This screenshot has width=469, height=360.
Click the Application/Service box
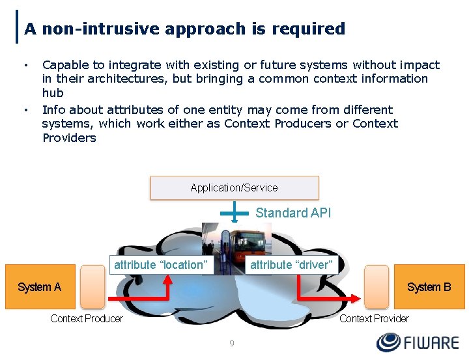click(234, 187)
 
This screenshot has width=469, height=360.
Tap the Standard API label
click(293, 213)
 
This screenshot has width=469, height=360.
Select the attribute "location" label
click(161, 264)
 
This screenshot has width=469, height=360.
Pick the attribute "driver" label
click(291, 264)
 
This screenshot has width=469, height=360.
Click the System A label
click(39, 287)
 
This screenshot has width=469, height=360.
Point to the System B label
click(429, 287)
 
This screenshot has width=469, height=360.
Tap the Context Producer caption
click(87, 318)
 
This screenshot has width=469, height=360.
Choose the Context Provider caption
click(374, 318)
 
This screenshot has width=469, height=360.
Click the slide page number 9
click(232, 343)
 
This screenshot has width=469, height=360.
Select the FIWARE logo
click(418, 342)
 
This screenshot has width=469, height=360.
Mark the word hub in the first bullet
click(53, 93)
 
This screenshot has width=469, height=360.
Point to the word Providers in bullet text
click(69, 138)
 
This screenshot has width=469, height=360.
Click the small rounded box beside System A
click(92, 286)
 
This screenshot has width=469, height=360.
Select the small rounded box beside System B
click(377, 286)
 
